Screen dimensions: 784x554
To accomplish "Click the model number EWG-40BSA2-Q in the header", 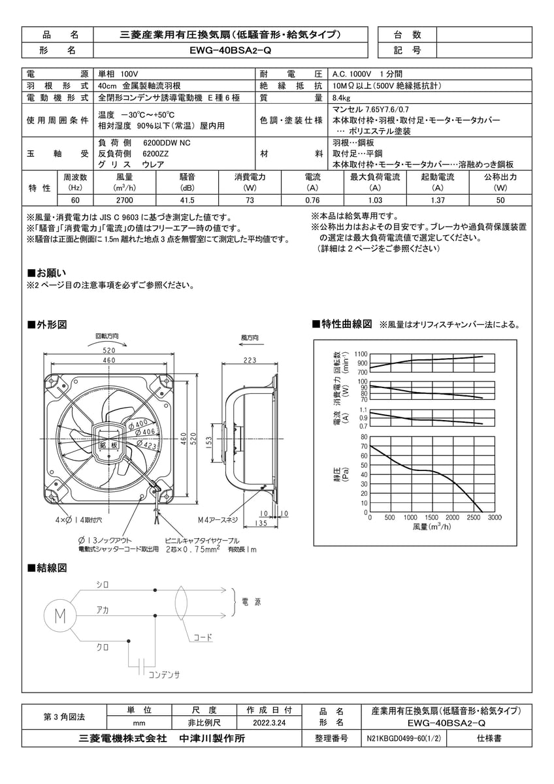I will coord(226,50).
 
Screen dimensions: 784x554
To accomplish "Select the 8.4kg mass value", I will coord(342,97).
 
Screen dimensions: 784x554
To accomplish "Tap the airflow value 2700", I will coord(124,201).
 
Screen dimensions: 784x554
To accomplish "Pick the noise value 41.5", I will coord(187,201).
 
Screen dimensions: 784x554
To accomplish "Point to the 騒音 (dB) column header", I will coord(187,182).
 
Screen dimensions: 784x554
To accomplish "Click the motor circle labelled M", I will coord(59,615).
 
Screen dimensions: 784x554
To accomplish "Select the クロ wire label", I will coord(103,646).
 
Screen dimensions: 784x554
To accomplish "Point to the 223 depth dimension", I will coord(249,361).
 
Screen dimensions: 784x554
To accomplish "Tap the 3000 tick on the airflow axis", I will coord(495,517).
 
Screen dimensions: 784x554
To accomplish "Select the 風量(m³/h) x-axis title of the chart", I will coord(432,527).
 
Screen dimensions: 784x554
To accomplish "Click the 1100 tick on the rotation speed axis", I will coord(361,353).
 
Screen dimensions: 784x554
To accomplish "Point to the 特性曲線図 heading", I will coord(346,324).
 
